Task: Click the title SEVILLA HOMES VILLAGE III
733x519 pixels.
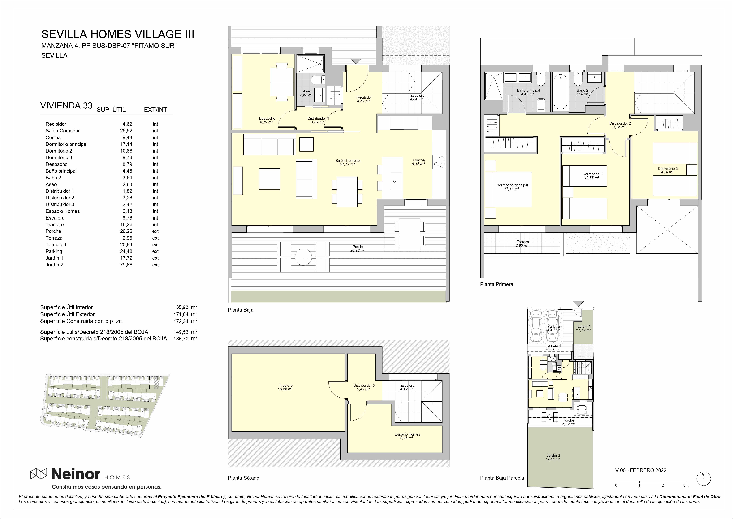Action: (x=118, y=34)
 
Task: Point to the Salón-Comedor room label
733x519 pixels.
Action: (x=348, y=161)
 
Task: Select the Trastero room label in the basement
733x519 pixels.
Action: (x=286, y=385)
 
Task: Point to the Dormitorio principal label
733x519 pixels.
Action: (x=512, y=185)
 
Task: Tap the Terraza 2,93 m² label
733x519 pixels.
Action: (x=523, y=244)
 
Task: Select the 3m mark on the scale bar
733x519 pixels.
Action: (x=686, y=485)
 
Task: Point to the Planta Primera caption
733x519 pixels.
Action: (x=496, y=284)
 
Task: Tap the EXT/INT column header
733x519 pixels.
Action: (x=155, y=110)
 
